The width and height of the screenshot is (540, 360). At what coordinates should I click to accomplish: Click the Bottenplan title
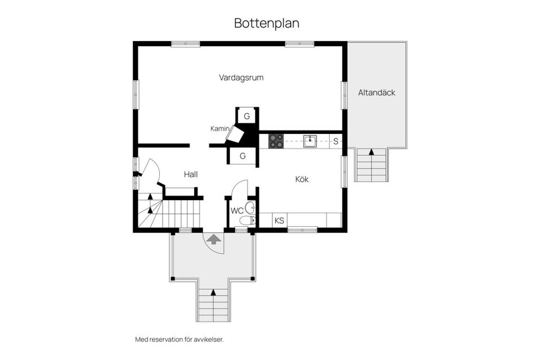tap(267, 24)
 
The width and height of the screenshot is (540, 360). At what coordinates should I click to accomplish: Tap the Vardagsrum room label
tap(241, 78)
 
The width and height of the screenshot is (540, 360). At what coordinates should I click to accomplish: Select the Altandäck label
tap(376, 92)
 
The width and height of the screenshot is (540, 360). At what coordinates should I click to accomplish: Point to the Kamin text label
tap(219, 129)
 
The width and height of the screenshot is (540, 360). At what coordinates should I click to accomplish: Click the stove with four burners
tap(276, 141)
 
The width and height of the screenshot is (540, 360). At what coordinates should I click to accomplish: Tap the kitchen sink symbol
tap(310, 141)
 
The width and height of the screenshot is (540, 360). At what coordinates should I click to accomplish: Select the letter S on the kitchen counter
tap(336, 141)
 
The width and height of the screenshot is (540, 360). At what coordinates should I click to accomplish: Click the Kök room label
tap(302, 179)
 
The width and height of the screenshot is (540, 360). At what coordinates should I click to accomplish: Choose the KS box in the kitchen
tap(280, 220)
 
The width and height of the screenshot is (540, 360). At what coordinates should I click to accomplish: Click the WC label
tap(237, 211)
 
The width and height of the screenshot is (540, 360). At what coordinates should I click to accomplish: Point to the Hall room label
tap(191, 174)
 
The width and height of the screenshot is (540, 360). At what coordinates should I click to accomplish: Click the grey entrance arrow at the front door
tap(214, 239)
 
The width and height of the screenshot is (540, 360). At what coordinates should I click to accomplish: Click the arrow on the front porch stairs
tap(214, 292)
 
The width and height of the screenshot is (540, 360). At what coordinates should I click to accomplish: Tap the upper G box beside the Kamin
tap(246, 116)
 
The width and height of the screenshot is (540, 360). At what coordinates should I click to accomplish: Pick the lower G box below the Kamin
tap(243, 156)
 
